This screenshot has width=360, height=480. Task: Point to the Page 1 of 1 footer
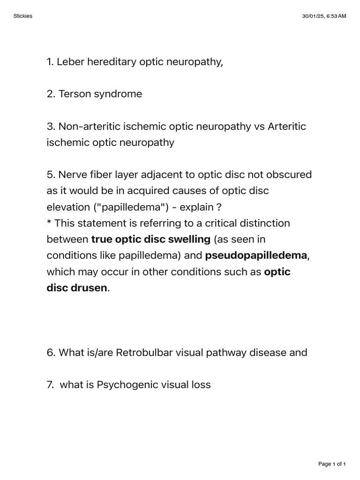click(x=332, y=464)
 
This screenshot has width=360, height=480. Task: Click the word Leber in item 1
click(x=69, y=61)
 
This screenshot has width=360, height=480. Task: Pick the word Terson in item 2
click(x=74, y=94)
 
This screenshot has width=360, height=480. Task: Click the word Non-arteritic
click(x=88, y=127)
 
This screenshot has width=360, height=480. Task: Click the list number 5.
click(x=51, y=175)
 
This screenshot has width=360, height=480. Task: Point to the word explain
click(x=192, y=207)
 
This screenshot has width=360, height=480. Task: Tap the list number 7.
click(x=50, y=385)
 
